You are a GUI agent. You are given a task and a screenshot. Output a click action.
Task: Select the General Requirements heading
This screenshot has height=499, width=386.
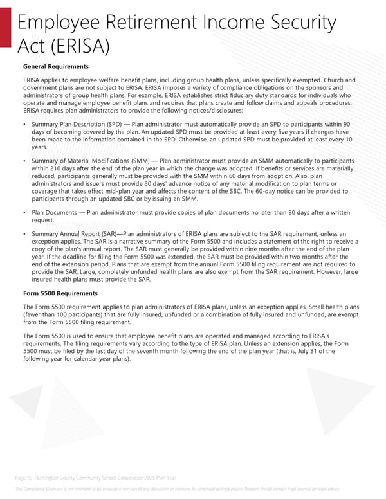coord(55,66)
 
